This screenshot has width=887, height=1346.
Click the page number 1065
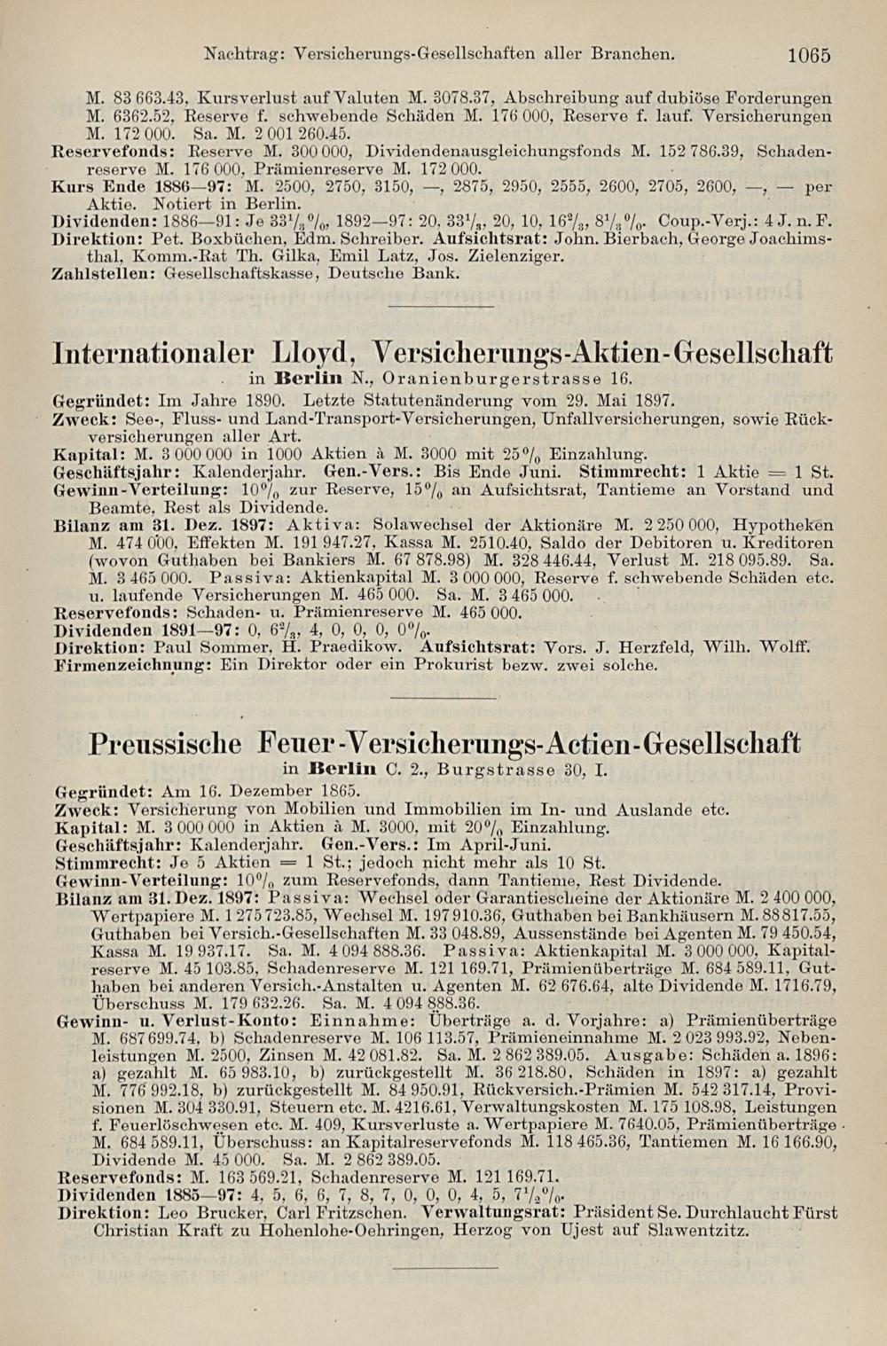808,55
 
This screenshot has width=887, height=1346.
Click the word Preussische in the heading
166,741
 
